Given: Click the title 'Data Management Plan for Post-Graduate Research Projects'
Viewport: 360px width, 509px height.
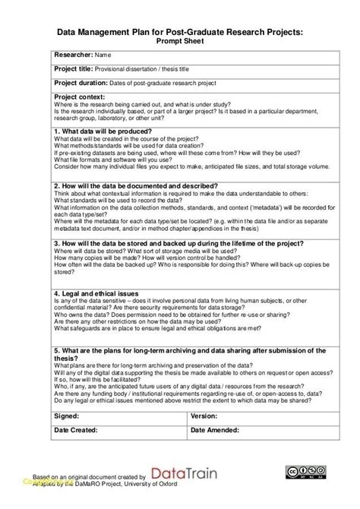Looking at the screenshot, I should [180, 31].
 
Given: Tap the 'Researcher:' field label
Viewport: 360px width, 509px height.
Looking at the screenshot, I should [73, 55].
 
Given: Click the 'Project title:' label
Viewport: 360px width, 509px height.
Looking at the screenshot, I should [74, 68].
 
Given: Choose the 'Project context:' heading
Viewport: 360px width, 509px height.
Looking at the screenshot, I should [80, 96].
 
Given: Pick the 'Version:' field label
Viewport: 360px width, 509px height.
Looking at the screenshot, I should [204, 416].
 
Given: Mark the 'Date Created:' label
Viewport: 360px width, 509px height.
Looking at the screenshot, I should [78, 431].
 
